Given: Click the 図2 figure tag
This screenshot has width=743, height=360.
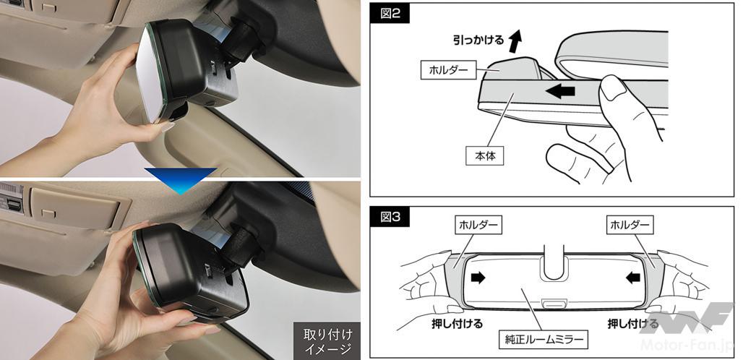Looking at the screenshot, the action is [x=390, y=14].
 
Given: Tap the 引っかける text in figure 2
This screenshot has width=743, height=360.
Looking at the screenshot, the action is [x=478, y=40].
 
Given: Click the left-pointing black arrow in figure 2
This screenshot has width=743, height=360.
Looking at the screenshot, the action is [x=559, y=91].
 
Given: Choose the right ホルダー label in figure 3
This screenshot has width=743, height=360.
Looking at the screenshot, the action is [x=630, y=226].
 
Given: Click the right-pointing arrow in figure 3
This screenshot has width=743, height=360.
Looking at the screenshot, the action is [x=478, y=278].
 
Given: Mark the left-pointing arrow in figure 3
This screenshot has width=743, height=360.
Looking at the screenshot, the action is [x=633, y=278].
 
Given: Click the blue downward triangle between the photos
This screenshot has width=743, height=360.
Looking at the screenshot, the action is [x=181, y=179].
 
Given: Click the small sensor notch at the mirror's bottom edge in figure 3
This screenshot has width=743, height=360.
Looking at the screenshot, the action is [x=551, y=303].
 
